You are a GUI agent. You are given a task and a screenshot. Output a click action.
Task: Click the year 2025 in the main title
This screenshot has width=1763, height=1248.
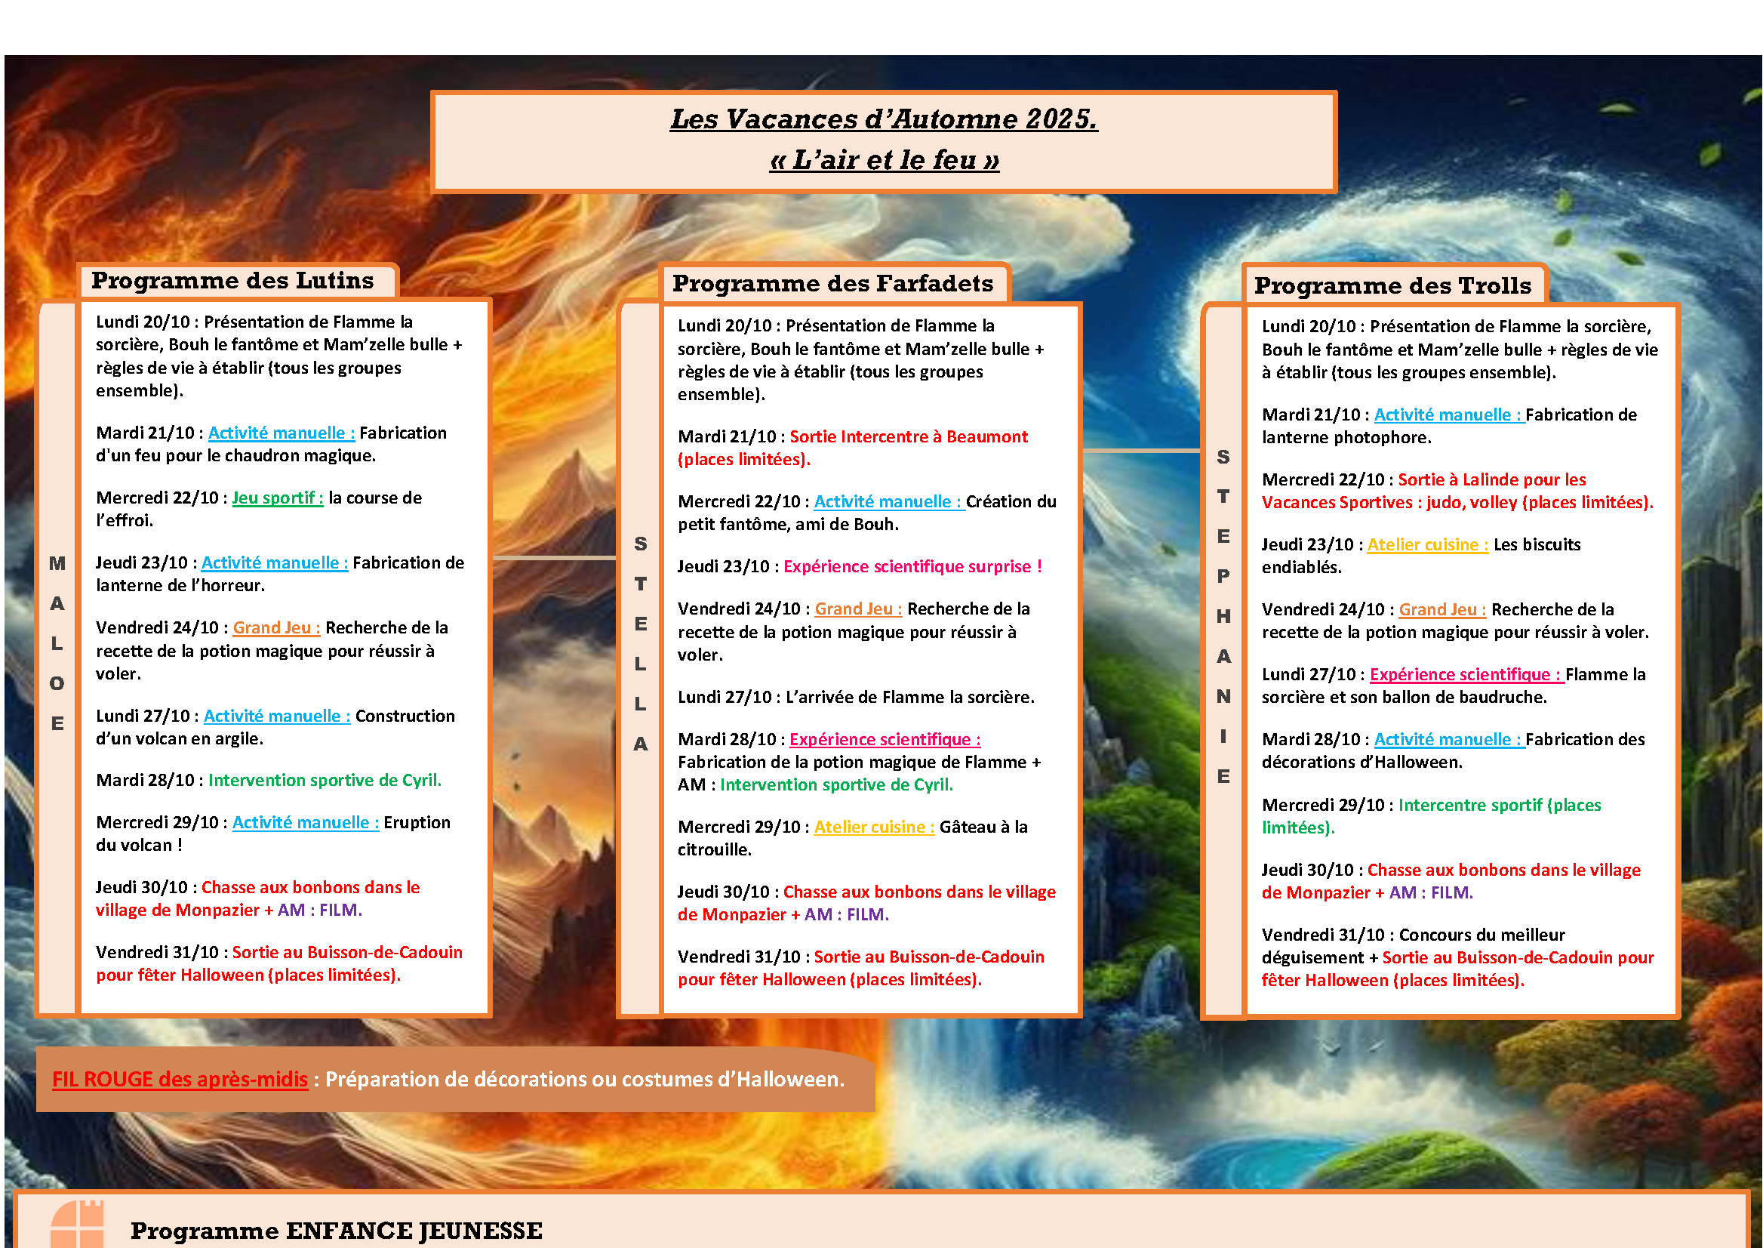1060,119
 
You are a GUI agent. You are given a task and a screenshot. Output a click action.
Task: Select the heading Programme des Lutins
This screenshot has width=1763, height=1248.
232,281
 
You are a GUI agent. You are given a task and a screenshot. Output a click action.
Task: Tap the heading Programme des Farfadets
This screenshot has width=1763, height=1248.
832,284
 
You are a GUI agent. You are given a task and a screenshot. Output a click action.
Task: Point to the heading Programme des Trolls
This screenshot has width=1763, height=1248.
1392,286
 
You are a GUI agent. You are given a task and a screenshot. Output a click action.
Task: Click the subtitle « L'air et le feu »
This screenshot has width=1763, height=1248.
885,160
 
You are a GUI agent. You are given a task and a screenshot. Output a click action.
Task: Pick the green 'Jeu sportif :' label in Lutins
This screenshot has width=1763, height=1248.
277,498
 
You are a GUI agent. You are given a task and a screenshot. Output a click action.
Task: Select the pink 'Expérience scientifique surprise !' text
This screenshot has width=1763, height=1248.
912,566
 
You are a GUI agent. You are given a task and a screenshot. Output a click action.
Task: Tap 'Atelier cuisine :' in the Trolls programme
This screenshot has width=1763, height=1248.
1427,545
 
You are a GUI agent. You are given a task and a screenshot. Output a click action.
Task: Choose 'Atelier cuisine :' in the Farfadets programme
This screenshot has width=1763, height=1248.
874,827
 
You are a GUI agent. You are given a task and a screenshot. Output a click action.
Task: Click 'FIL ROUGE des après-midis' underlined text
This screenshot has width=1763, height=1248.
180,1079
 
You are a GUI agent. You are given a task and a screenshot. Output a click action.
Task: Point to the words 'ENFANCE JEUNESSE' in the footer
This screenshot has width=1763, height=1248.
414,1231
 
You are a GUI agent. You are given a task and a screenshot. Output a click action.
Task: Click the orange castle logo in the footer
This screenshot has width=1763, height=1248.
77,1225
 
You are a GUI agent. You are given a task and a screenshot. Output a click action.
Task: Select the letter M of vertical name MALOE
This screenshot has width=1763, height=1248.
57,563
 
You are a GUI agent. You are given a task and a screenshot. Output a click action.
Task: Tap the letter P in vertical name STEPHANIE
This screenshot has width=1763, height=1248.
1223,576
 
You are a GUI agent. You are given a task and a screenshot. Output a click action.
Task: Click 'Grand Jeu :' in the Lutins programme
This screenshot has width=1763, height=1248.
276,628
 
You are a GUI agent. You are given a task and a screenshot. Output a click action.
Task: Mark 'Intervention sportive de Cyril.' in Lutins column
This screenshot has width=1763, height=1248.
325,781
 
